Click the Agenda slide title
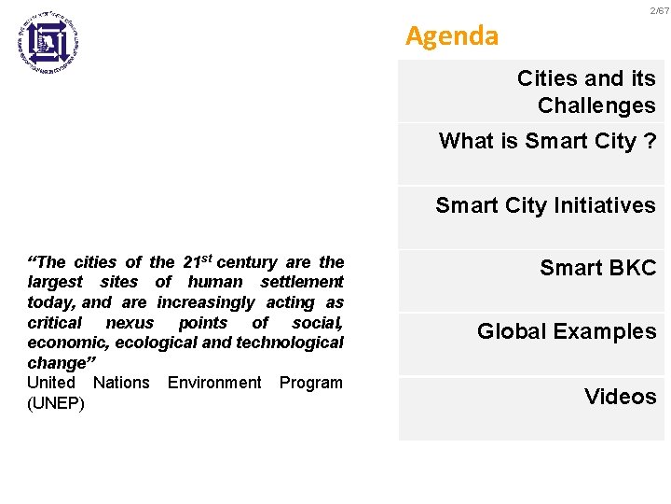[x=452, y=36]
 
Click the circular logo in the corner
[x=48, y=40]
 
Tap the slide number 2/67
[x=659, y=9]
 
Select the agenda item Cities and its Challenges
[x=586, y=91]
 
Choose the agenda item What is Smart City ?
[x=547, y=141]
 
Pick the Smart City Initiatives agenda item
[x=545, y=205]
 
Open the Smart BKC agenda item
[x=597, y=269]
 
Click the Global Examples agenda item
[x=567, y=331]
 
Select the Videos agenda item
[x=620, y=397]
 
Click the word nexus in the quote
[x=130, y=322]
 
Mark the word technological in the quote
[x=290, y=342]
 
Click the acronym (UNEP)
[x=55, y=403]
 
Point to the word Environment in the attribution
[x=214, y=383]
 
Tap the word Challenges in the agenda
[x=596, y=105]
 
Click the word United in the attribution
[x=51, y=383]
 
